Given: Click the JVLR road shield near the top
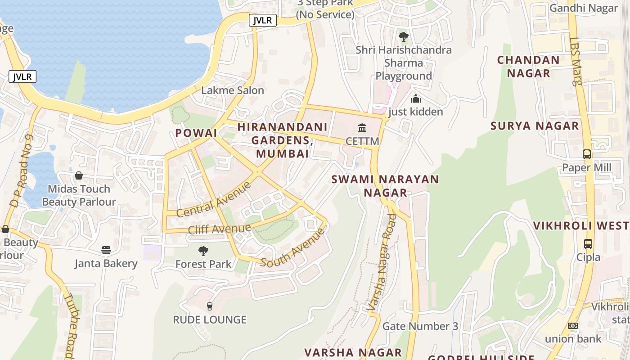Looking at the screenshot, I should (x=262, y=20).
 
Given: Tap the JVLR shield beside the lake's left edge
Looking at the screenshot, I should (x=22, y=76).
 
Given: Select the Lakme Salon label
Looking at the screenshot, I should (x=232, y=90).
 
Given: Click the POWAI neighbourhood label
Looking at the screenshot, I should (x=196, y=133).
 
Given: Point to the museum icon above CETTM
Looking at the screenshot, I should (x=362, y=128).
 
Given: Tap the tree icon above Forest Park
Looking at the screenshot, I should (x=203, y=251).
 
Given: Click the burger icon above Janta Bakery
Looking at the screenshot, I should (x=106, y=250).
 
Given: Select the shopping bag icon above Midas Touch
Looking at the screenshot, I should (x=79, y=175).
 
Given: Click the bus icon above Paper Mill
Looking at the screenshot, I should (x=587, y=154).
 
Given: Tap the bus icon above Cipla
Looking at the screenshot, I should (x=588, y=244).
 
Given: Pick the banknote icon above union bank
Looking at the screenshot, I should (x=573, y=325).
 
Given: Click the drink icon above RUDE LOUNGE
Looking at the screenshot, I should (x=209, y=306).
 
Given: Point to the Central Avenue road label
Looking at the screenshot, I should (x=214, y=199).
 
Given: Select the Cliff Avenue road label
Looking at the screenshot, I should (x=219, y=229).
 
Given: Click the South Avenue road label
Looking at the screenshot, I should (x=292, y=248).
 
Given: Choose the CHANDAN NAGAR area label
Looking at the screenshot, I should (x=528, y=67).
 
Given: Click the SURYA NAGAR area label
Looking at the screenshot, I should (x=535, y=126).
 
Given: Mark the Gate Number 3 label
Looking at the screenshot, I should (x=420, y=326).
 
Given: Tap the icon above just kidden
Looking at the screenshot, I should (x=416, y=98).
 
